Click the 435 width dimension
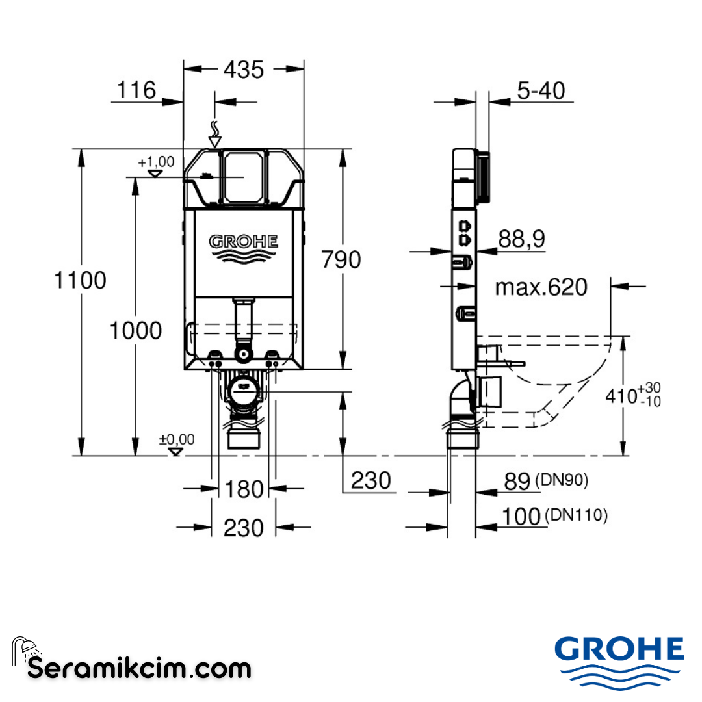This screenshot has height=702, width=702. pyautogui.click(x=244, y=70)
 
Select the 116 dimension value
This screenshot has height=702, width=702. pyautogui.click(x=136, y=90)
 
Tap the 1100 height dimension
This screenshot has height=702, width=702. pyautogui.click(x=80, y=281)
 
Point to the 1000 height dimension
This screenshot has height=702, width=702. pyautogui.click(x=135, y=331)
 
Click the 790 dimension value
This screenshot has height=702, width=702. pyautogui.click(x=342, y=260)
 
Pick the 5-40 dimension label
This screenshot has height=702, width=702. pyautogui.click(x=541, y=90)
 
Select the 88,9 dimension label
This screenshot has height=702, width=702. pyautogui.click(x=521, y=239)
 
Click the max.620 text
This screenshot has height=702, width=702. pyautogui.click(x=541, y=287)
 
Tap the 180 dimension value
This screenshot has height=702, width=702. pyautogui.click(x=244, y=489)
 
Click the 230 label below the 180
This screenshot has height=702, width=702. pyautogui.click(x=244, y=528)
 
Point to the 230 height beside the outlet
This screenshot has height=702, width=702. pyautogui.click(x=371, y=480)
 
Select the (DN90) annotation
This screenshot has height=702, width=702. pyautogui.click(x=562, y=480)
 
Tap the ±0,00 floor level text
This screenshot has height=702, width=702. pyautogui.click(x=177, y=439)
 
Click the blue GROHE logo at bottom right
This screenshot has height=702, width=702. pyautogui.click(x=619, y=650)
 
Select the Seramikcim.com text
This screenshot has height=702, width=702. pyautogui.click(x=139, y=668)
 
